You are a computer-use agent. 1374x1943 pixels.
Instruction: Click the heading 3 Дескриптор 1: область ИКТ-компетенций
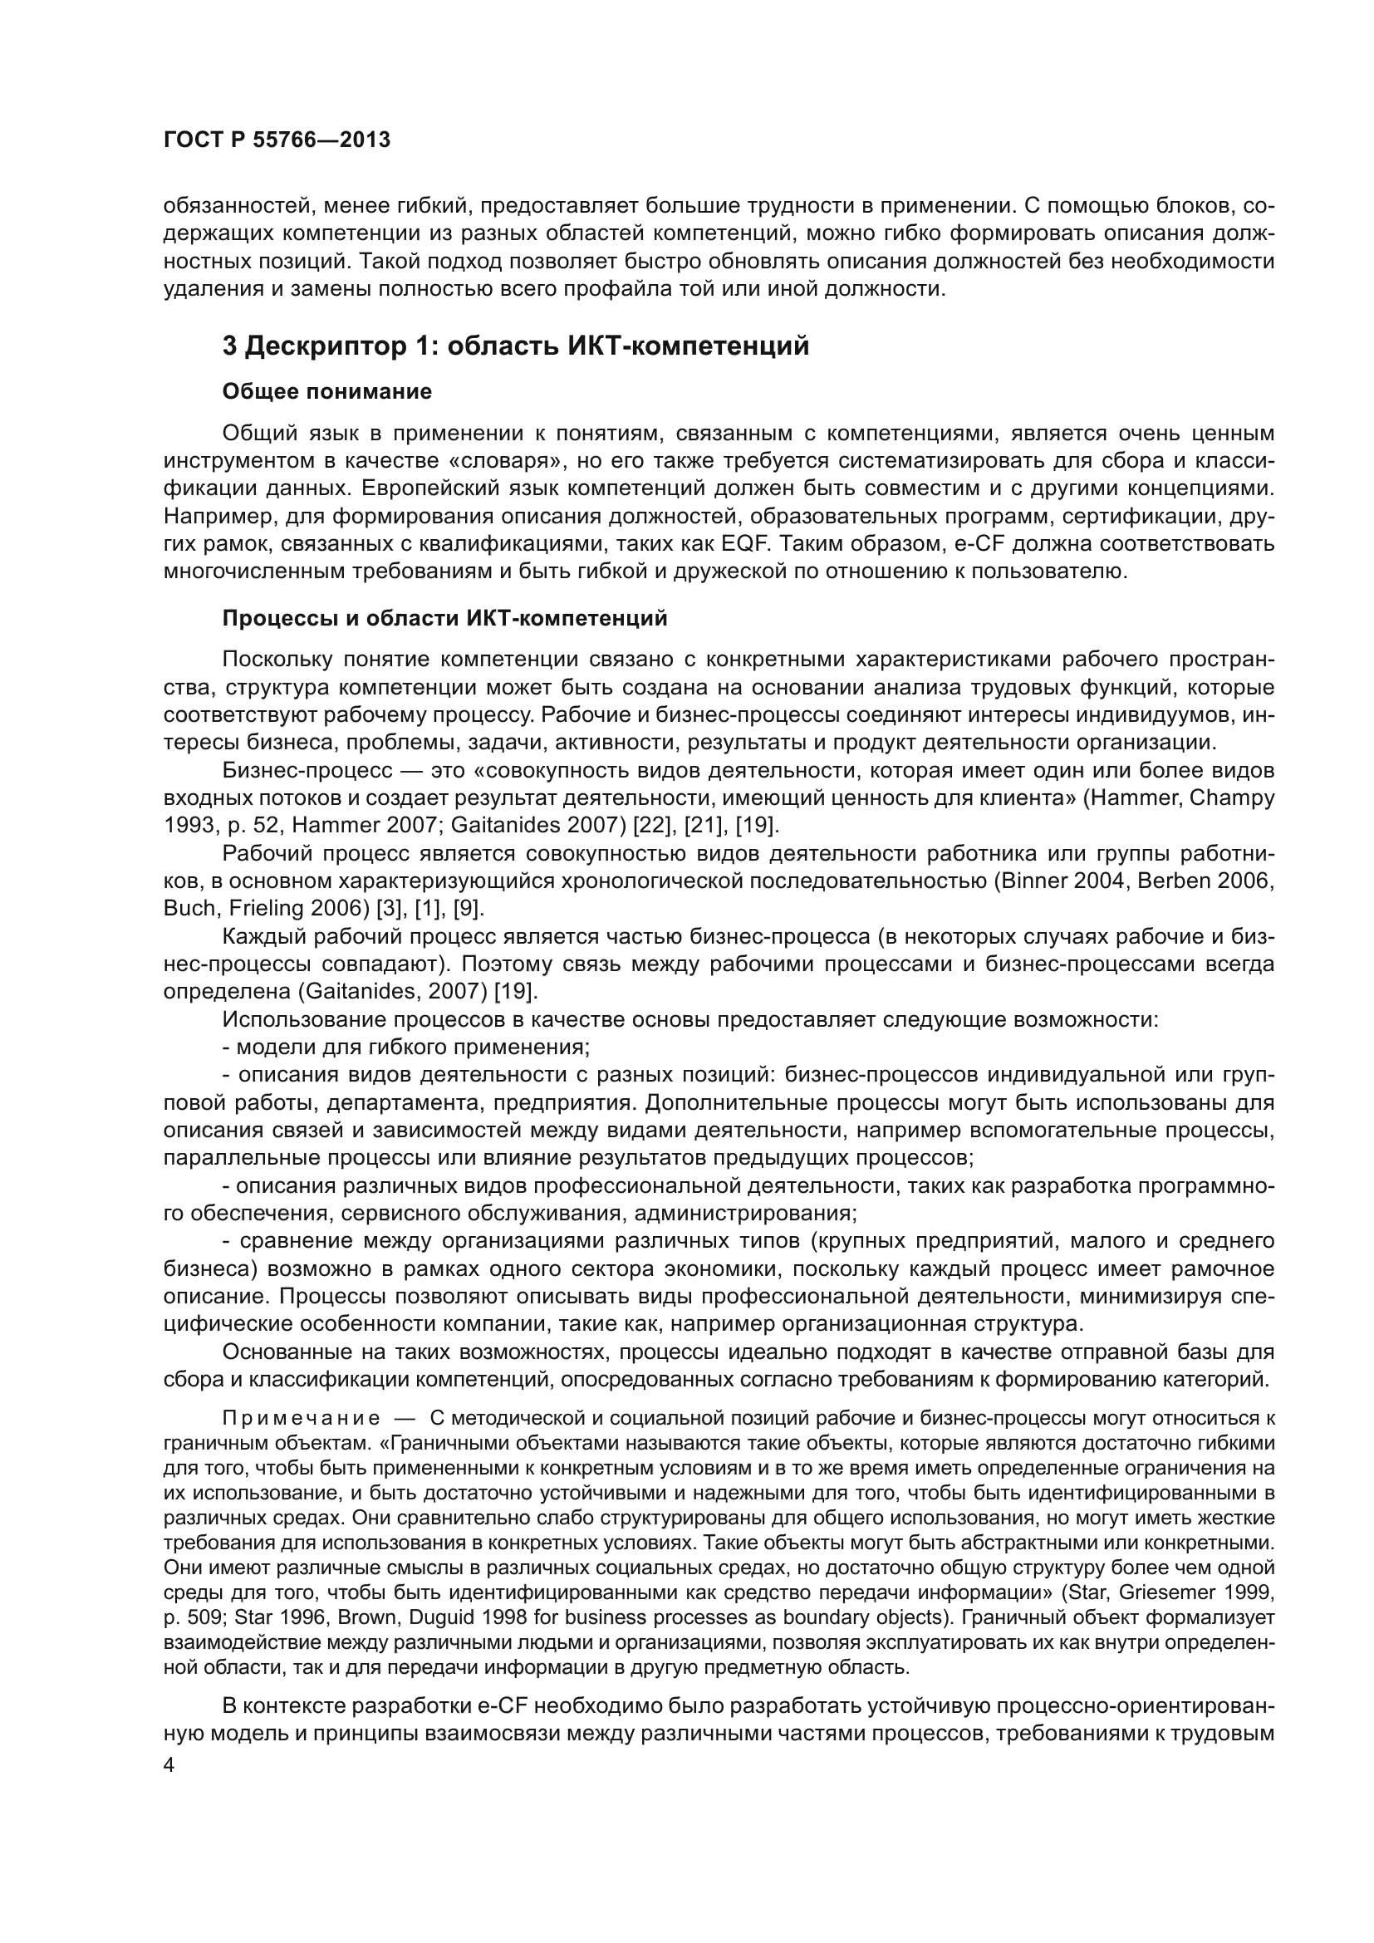pyautogui.click(x=515, y=346)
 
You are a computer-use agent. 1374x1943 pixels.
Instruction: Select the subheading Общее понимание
pyautogui.click(x=326, y=392)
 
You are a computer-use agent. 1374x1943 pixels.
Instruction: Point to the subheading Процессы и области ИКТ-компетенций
pyautogui.click(x=444, y=619)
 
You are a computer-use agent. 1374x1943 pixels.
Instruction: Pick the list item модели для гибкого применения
pyautogui.click(x=406, y=1048)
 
